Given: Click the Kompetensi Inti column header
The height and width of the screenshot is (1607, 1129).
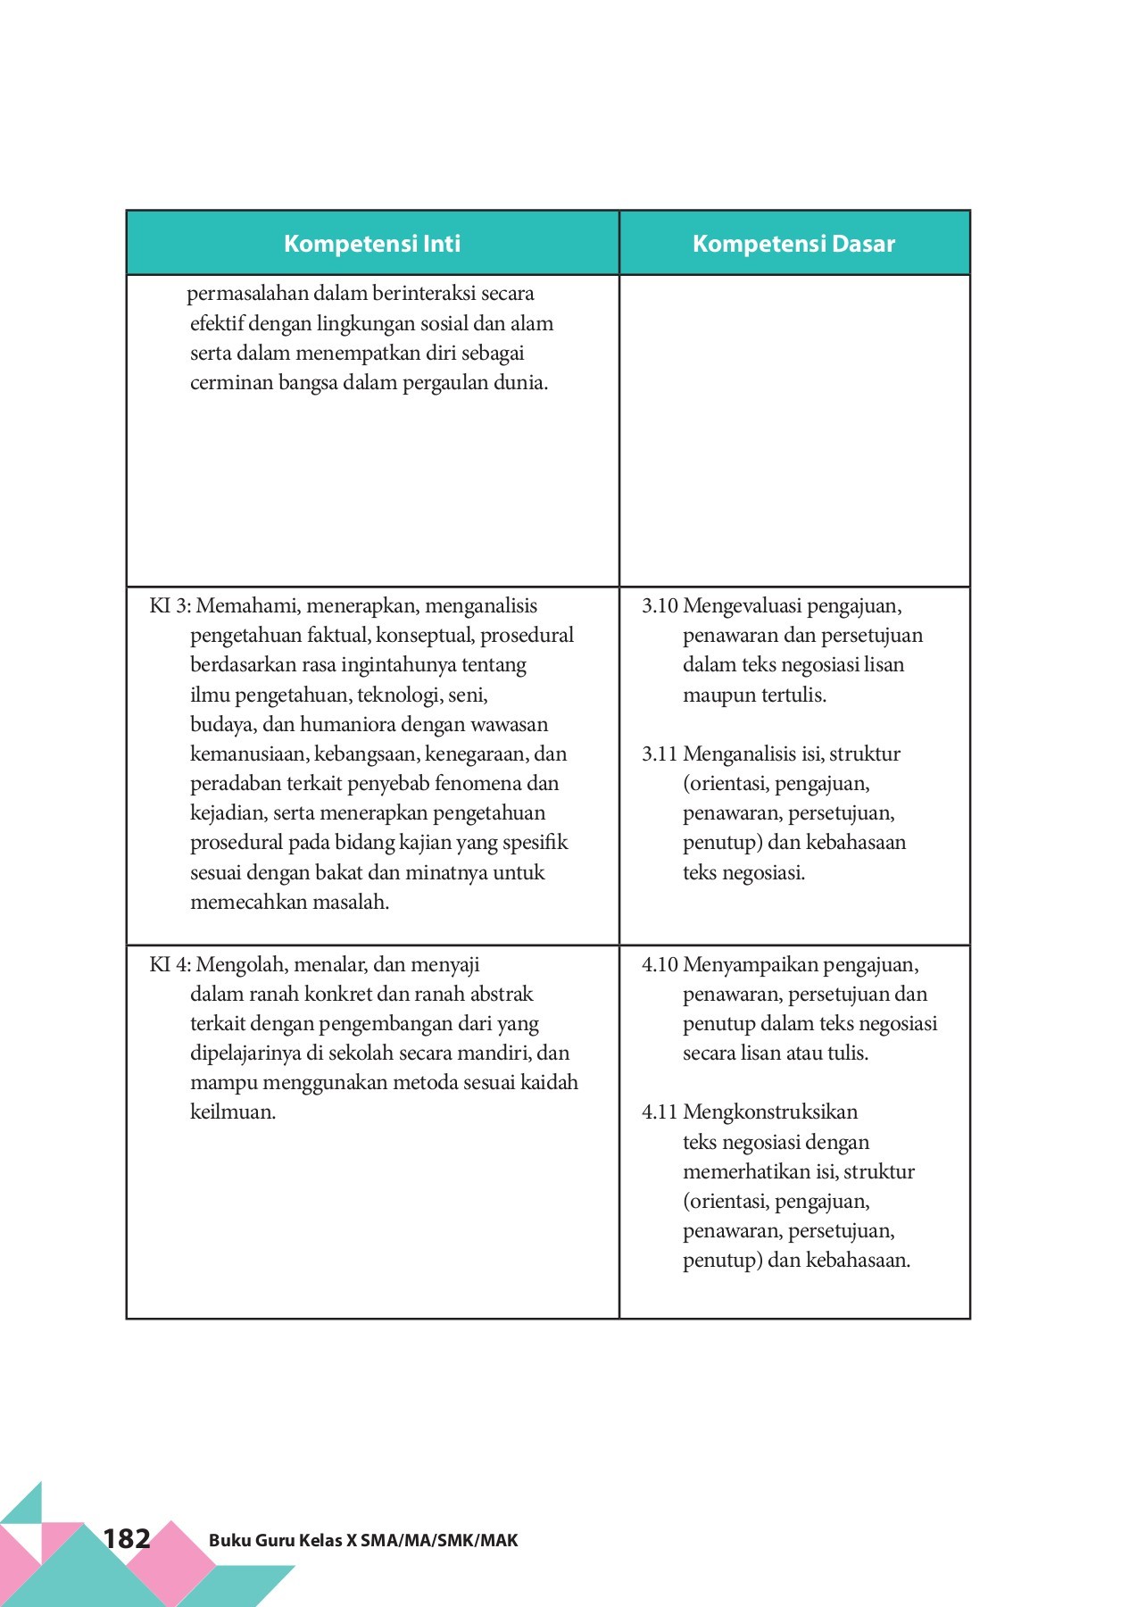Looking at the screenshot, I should pyautogui.click(x=372, y=244).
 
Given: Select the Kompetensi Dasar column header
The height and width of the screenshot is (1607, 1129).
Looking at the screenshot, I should pyautogui.click(x=793, y=244).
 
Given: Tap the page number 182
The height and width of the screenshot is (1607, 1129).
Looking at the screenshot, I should pyautogui.click(x=127, y=1538).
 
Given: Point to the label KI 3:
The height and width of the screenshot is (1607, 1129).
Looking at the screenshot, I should pyautogui.click(x=170, y=606).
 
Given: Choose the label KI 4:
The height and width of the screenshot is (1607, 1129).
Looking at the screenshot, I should pyautogui.click(x=170, y=965).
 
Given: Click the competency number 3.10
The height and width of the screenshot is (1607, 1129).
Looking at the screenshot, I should pyautogui.click(x=660, y=606).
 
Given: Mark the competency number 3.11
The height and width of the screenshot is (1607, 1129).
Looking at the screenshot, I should pyautogui.click(x=660, y=754).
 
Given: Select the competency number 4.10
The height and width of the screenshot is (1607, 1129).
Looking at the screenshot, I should pyautogui.click(x=660, y=965).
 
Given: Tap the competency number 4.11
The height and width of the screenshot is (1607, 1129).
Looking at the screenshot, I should pyautogui.click(x=660, y=1112).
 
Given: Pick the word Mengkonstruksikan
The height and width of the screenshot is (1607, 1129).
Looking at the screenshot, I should pyautogui.click(x=770, y=1112).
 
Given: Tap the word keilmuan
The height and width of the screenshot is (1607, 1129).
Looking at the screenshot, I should pyautogui.click(x=232, y=1112).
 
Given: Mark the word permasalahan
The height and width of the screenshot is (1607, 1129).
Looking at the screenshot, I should pyautogui.click(x=247, y=294).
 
